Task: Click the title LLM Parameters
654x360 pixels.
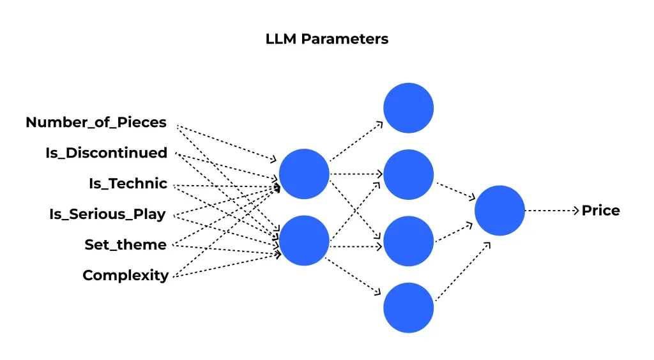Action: (x=326, y=39)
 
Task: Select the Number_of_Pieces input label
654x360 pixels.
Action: (x=96, y=123)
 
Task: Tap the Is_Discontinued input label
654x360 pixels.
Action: (x=106, y=153)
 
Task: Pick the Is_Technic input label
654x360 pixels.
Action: (x=128, y=184)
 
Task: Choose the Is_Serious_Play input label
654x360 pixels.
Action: (x=107, y=214)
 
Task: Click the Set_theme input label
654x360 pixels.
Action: (x=125, y=245)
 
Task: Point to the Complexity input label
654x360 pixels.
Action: (x=125, y=276)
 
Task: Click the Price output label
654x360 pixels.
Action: (x=600, y=211)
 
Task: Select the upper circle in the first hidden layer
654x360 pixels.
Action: (x=304, y=174)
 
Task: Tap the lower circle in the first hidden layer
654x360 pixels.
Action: (x=304, y=241)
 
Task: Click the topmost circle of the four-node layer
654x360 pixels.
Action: (x=409, y=108)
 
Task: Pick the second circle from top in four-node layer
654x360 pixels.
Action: (x=409, y=174)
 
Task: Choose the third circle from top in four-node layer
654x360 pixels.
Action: (x=409, y=241)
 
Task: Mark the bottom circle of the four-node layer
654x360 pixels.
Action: (x=409, y=308)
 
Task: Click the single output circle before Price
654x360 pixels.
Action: (x=499, y=211)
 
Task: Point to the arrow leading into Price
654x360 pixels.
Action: (x=552, y=211)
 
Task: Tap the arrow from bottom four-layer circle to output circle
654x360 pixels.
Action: (x=463, y=271)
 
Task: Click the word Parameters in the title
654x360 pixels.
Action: (x=344, y=39)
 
